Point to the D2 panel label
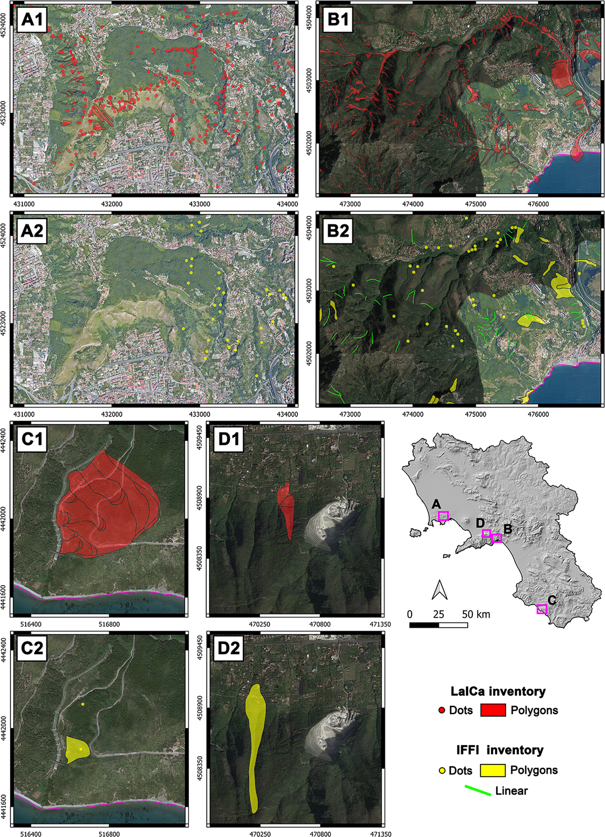click(229, 648)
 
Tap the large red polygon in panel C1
click(107, 506)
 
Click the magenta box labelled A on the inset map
click(443, 516)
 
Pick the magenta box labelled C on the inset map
click(542, 609)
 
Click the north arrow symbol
click(439, 590)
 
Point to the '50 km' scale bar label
click(476, 614)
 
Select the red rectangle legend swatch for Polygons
click(493, 710)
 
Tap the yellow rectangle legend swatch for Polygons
click(492, 770)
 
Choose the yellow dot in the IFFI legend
click(442, 771)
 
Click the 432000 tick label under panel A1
click(112, 204)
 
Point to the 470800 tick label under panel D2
click(320, 833)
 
